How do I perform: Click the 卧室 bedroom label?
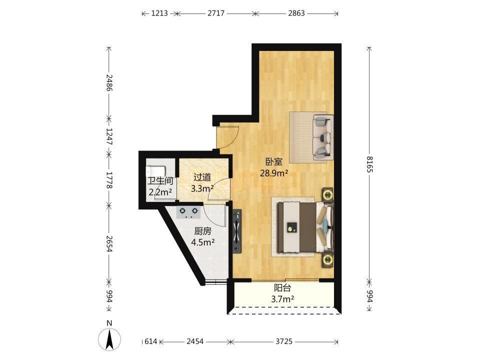[x=273, y=161]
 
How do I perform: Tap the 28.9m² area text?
[x=273, y=173]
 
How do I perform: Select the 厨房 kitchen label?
[x=202, y=231]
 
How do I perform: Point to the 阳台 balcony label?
[x=282, y=288]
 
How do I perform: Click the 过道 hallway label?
[x=202, y=177]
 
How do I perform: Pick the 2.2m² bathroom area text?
[x=160, y=192]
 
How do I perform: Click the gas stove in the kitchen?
[x=188, y=212]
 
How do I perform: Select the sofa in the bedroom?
[x=322, y=137]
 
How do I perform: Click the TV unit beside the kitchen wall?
[x=237, y=231]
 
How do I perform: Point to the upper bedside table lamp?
[x=327, y=194]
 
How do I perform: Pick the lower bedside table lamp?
[x=327, y=260]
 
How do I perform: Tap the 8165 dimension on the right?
[x=369, y=164]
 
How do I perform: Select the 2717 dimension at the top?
[x=216, y=13]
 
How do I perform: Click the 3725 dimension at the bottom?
[x=284, y=341]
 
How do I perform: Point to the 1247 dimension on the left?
[x=109, y=136]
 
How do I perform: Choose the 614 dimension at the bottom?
[x=150, y=341]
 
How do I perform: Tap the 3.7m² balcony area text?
[x=282, y=299]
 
